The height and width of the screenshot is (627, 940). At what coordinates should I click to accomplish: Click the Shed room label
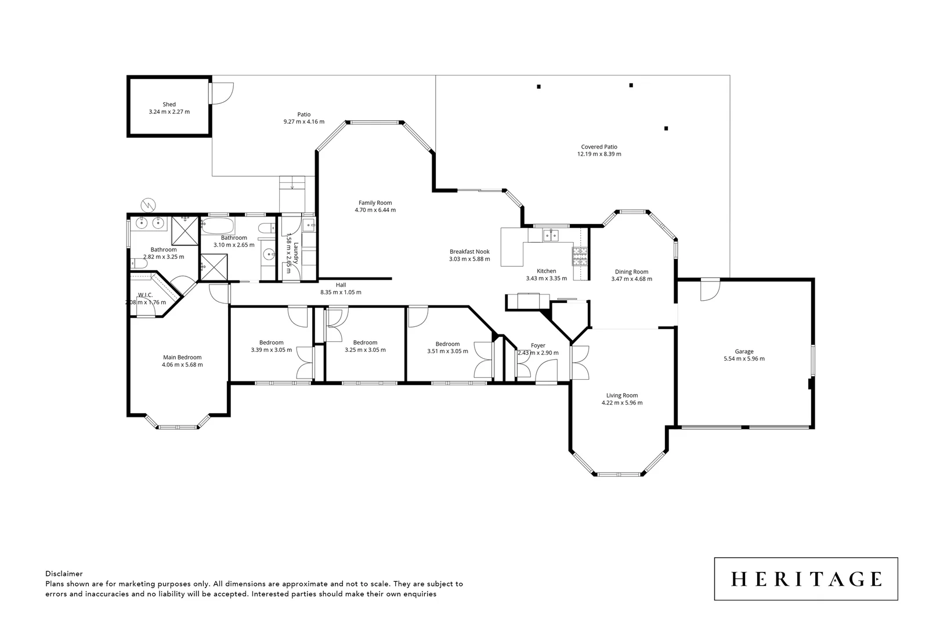click(x=169, y=105)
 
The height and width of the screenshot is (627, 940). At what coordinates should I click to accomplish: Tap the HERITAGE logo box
click(x=806, y=579)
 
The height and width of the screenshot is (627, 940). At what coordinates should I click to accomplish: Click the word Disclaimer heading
click(x=64, y=574)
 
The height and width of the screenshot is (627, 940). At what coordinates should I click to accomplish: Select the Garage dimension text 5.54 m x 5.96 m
click(x=744, y=359)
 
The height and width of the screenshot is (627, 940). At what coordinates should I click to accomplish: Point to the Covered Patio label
click(x=599, y=147)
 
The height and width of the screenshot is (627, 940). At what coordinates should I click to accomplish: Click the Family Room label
click(x=375, y=203)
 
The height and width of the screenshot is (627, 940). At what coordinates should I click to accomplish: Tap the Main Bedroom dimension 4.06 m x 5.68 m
click(x=182, y=365)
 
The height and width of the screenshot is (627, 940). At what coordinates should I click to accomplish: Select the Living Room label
click(x=622, y=395)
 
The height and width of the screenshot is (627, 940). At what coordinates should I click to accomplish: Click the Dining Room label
click(x=631, y=272)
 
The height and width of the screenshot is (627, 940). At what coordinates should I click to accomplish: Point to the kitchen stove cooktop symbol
click(x=580, y=255)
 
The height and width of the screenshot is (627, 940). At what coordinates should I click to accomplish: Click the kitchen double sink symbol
click(x=551, y=235)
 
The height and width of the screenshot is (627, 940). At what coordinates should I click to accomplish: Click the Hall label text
click(x=341, y=285)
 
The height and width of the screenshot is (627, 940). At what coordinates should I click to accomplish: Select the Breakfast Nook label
click(x=469, y=251)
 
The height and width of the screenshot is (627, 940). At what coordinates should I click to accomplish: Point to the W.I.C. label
click(x=145, y=295)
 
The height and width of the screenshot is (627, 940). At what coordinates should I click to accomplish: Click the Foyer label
click(x=538, y=345)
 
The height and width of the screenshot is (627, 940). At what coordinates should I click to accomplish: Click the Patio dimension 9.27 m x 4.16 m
click(x=303, y=122)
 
